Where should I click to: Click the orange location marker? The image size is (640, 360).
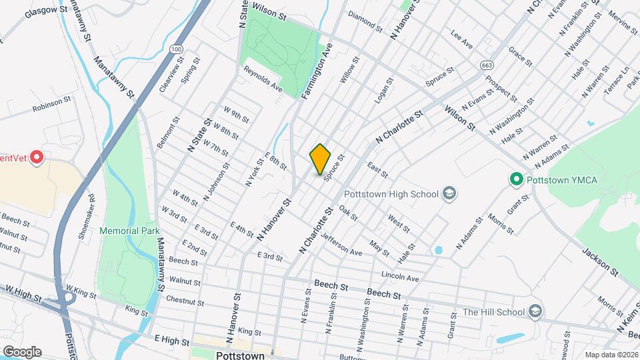tap(321, 159)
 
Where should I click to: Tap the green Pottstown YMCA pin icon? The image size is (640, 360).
tap(515, 179)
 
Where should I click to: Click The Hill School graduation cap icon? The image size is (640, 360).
tap(534, 312)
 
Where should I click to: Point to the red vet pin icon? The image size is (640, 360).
tap(37, 158)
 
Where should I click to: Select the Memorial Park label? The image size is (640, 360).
tap(129, 230)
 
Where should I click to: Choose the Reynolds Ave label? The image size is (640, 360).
tap(263, 79)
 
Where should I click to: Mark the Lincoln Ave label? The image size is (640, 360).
tap(400, 276)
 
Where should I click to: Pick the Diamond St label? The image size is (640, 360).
tap(365, 23)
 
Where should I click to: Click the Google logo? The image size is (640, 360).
tap(21, 351)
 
